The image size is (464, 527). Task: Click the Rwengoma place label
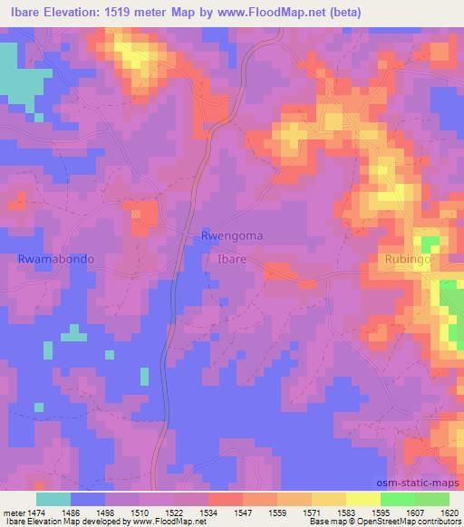point(232,235)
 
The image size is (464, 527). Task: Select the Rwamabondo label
point(56,258)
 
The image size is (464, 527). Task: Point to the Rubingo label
point(404,259)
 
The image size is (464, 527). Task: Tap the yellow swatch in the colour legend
point(362,498)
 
